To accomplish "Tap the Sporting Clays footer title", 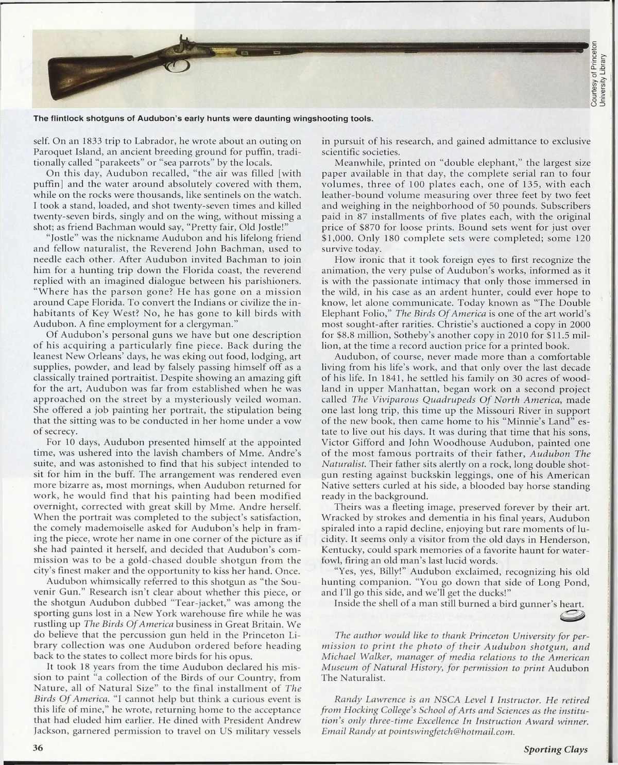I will pos(556,750).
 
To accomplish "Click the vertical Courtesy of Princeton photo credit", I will pos(600,74).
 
